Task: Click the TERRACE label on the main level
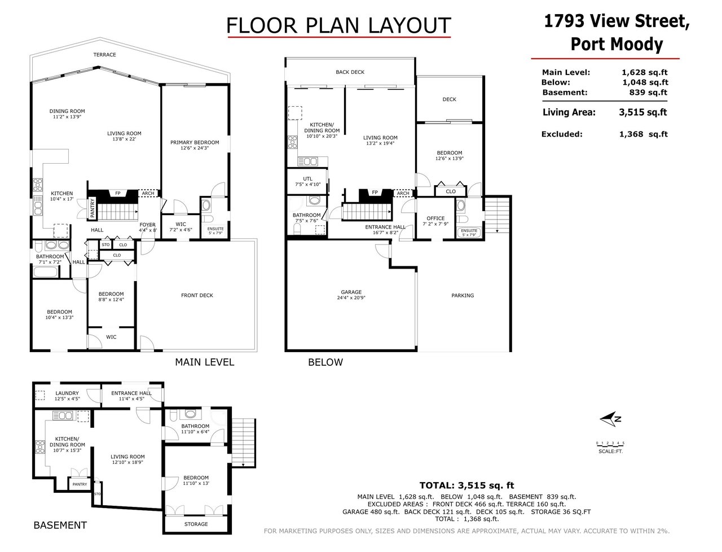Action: click(x=104, y=55)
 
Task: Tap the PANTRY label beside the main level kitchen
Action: click(x=93, y=208)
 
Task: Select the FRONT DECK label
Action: click(x=197, y=295)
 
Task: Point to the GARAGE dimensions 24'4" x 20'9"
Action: click(x=351, y=298)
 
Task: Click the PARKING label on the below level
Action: click(x=463, y=296)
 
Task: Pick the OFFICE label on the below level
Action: click(x=435, y=218)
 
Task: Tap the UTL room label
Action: click(x=307, y=179)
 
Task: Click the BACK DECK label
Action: click(x=350, y=72)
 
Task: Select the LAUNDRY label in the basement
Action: click(x=67, y=393)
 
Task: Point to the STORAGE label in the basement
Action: click(x=196, y=524)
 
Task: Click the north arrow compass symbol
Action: click(x=610, y=419)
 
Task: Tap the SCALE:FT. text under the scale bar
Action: click(x=610, y=452)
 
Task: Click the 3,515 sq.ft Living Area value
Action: click(x=642, y=112)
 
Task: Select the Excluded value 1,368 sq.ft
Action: click(x=644, y=134)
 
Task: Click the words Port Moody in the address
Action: click(x=617, y=44)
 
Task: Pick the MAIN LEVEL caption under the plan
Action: click(x=205, y=362)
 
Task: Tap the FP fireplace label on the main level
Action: click(x=117, y=193)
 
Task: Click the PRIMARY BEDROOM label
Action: click(x=195, y=143)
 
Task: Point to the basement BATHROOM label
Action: click(x=195, y=426)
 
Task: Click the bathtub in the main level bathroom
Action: click(x=46, y=272)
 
